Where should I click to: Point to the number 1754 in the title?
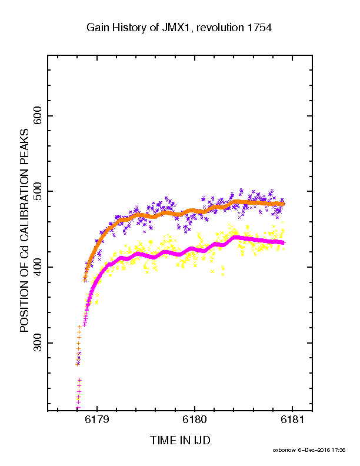click(259, 28)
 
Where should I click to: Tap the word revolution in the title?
click(220, 28)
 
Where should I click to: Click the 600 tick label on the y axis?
click(38, 115)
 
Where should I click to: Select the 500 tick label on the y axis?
click(38, 191)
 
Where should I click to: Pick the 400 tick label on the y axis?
click(38, 267)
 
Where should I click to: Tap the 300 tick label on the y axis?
click(38, 342)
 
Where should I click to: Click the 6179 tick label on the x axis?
click(97, 420)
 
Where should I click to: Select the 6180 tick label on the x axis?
click(195, 420)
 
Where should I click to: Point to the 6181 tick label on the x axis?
click(292, 420)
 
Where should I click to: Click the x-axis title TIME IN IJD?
click(181, 440)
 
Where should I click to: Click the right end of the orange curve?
click(284, 204)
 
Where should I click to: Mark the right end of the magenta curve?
click(284, 243)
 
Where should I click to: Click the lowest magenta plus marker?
click(78, 407)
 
